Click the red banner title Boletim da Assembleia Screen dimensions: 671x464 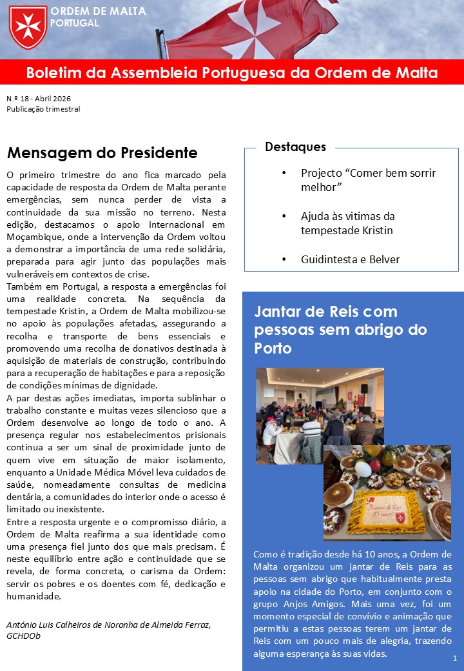click(x=232, y=73)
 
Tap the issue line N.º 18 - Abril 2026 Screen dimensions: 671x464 click(x=39, y=99)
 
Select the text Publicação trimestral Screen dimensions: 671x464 click(x=43, y=109)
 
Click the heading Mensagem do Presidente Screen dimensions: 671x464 click(x=102, y=153)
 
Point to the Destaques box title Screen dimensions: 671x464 click(x=295, y=147)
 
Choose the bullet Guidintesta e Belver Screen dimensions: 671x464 click(x=350, y=259)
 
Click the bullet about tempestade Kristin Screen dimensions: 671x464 click(x=347, y=223)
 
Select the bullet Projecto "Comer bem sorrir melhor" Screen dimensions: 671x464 click(x=368, y=180)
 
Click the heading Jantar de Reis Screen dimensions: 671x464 click(x=340, y=330)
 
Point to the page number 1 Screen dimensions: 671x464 click(x=455, y=658)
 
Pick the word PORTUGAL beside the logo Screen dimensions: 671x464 click(x=74, y=23)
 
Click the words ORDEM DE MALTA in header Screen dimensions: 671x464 click(x=98, y=11)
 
